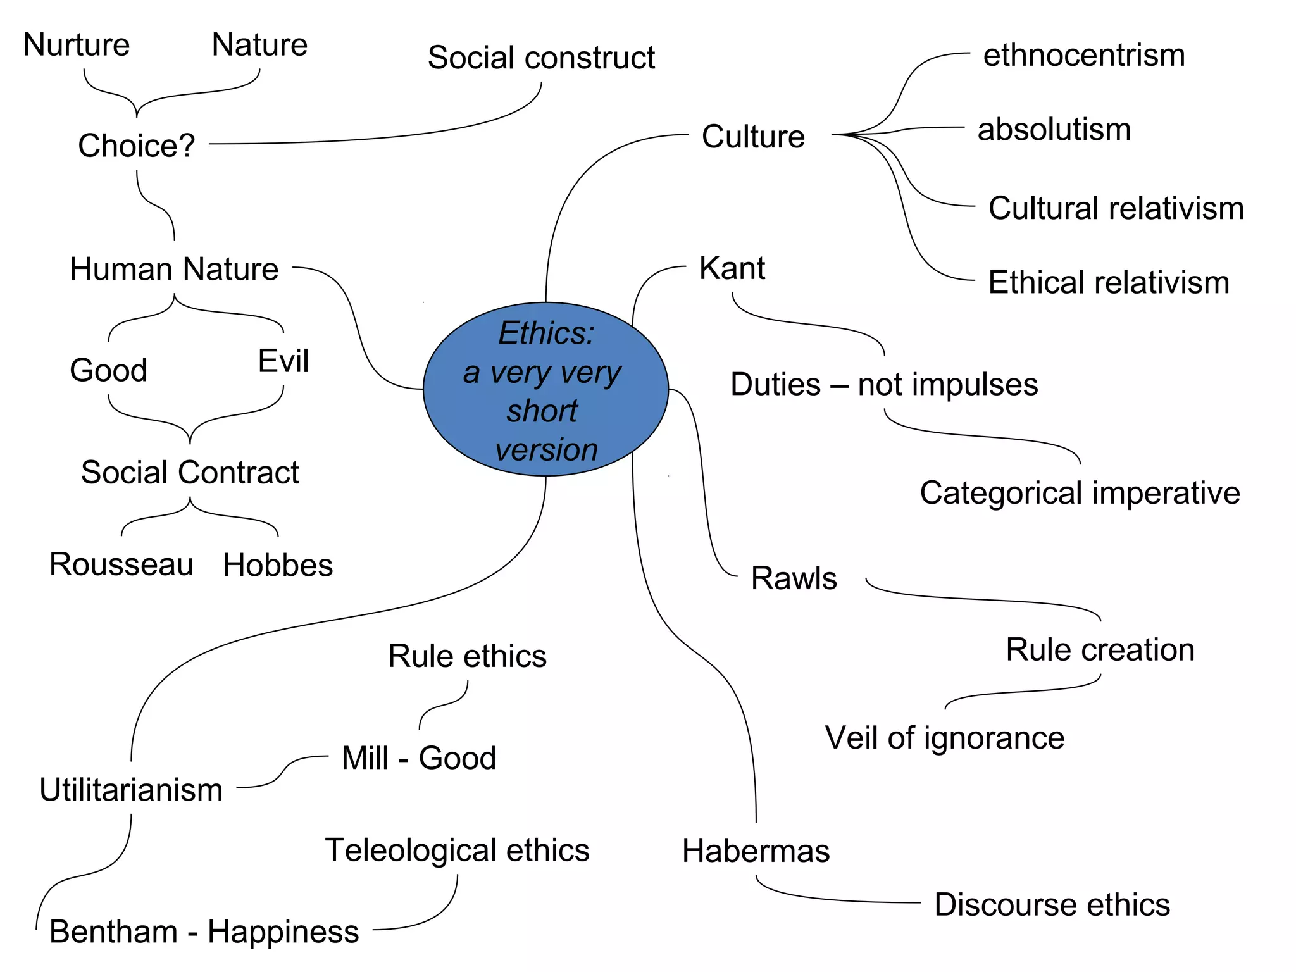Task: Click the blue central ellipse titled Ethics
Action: click(x=545, y=389)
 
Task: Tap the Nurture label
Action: click(x=77, y=45)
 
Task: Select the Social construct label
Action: click(x=541, y=58)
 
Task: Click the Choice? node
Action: click(x=136, y=146)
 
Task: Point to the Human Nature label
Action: click(x=174, y=269)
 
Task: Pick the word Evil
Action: click(x=283, y=361)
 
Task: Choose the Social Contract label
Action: click(x=190, y=473)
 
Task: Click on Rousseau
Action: click(x=121, y=564)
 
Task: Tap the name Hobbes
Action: click(x=278, y=565)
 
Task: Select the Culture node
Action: click(x=753, y=137)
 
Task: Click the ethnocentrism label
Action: click(x=1083, y=56)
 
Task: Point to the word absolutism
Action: click(x=1054, y=130)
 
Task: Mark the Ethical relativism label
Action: click(x=1109, y=282)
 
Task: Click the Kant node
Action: click(x=732, y=268)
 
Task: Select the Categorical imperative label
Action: click(x=1080, y=493)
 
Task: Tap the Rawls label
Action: click(x=794, y=578)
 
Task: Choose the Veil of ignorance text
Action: click(x=944, y=738)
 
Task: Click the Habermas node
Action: click(x=756, y=851)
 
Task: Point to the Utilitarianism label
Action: click(x=131, y=790)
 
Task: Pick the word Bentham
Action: click(x=114, y=932)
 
